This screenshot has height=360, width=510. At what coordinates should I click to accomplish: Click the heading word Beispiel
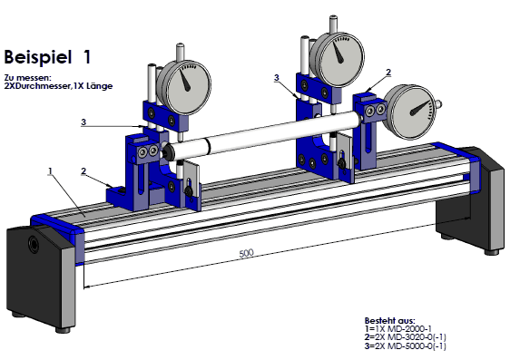pos(38,57)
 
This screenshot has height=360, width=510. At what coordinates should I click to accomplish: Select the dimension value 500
pos(246,253)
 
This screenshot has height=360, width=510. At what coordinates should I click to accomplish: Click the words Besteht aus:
pos(389,321)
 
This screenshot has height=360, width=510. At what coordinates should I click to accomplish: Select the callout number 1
pos(50,170)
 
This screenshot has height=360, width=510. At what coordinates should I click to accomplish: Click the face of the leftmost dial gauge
pos(184,87)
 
